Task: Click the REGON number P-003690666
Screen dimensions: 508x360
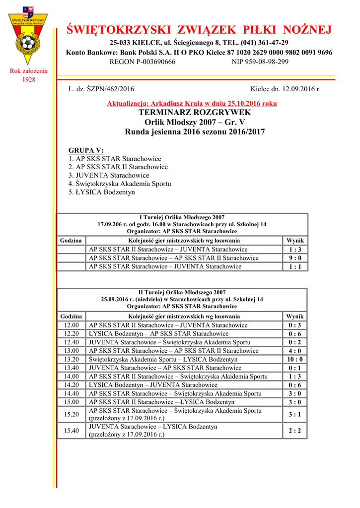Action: coord(143,62)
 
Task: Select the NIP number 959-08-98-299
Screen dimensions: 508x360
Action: coord(260,62)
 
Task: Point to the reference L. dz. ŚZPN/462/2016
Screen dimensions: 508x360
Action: coord(101,89)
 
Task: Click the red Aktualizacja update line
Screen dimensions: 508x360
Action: coord(192,104)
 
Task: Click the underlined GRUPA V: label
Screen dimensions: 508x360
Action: coord(86,150)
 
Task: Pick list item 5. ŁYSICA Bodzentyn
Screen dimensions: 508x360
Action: coord(101,192)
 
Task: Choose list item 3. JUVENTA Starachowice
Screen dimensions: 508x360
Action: coord(109,175)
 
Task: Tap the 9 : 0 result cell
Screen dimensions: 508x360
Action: coord(295,258)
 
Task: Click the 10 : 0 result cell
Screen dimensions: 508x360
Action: coord(295,360)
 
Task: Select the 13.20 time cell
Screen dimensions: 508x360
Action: coord(72,360)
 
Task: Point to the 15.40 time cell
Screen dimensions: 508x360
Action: coord(72,431)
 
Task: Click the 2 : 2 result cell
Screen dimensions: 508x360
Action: coord(295,431)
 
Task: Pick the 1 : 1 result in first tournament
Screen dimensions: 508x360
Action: coord(295,267)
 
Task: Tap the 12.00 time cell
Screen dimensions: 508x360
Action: coord(72,325)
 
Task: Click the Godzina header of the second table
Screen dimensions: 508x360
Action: coord(71,317)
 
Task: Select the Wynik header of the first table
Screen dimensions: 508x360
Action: coord(295,241)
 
